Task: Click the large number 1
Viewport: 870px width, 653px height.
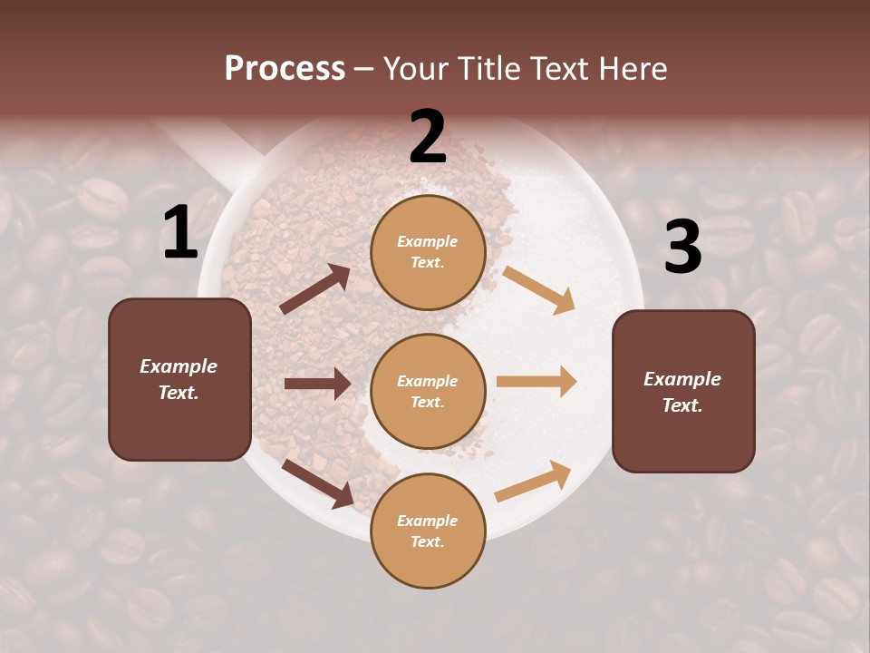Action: [180, 233]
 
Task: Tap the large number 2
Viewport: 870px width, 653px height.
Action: [428, 137]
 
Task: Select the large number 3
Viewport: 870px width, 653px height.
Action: [682, 248]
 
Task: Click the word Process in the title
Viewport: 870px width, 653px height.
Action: [285, 68]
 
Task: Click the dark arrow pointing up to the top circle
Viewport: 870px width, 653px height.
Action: [315, 289]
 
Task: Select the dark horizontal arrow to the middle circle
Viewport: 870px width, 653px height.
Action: [317, 384]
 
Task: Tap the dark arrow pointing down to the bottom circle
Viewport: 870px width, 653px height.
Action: [317, 482]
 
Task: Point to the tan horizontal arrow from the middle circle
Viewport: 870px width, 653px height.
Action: [536, 382]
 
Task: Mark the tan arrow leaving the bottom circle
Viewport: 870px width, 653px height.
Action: [533, 482]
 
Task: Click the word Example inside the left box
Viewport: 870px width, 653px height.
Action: [179, 366]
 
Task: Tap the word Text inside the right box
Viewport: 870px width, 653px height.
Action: [681, 405]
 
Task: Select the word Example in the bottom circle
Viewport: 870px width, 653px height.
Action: [428, 521]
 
